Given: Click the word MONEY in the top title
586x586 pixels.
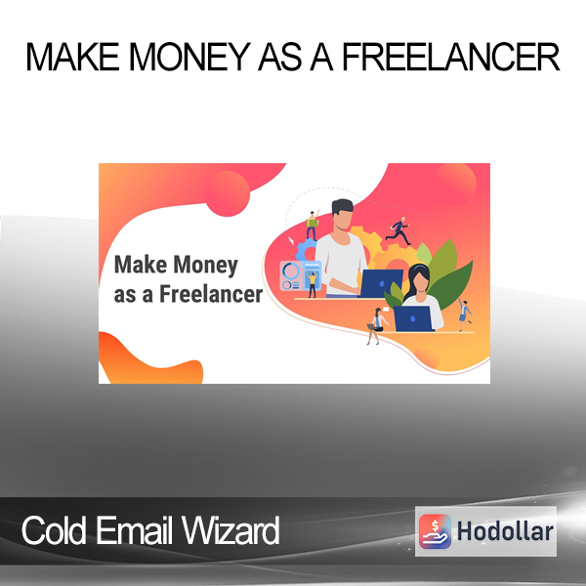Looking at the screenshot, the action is (189, 57).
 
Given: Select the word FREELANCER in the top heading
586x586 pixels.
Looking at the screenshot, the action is (451, 57).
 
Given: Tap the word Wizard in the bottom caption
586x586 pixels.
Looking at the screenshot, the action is (230, 530).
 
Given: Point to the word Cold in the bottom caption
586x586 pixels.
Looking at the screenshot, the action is (54, 530).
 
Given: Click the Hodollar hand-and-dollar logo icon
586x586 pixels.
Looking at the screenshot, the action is (435, 531).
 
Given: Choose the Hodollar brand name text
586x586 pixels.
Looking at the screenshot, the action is (505, 531).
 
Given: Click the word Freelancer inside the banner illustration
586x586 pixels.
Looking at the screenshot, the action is (211, 294).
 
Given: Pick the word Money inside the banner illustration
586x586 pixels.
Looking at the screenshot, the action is (205, 265).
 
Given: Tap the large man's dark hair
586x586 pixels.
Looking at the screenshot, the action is (342, 207).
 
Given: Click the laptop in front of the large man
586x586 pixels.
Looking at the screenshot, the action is (381, 283).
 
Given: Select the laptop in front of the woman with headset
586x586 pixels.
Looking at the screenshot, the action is (414, 318).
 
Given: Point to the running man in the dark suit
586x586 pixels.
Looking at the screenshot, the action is (398, 230).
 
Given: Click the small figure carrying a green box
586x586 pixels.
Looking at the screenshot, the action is (312, 226).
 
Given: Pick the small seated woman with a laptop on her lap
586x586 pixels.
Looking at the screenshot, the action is (377, 325).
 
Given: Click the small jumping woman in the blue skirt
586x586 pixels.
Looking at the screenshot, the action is (465, 314).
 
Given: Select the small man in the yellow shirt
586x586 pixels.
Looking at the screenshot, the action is (312, 284).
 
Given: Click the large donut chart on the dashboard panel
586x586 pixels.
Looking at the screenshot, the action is (290, 271).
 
